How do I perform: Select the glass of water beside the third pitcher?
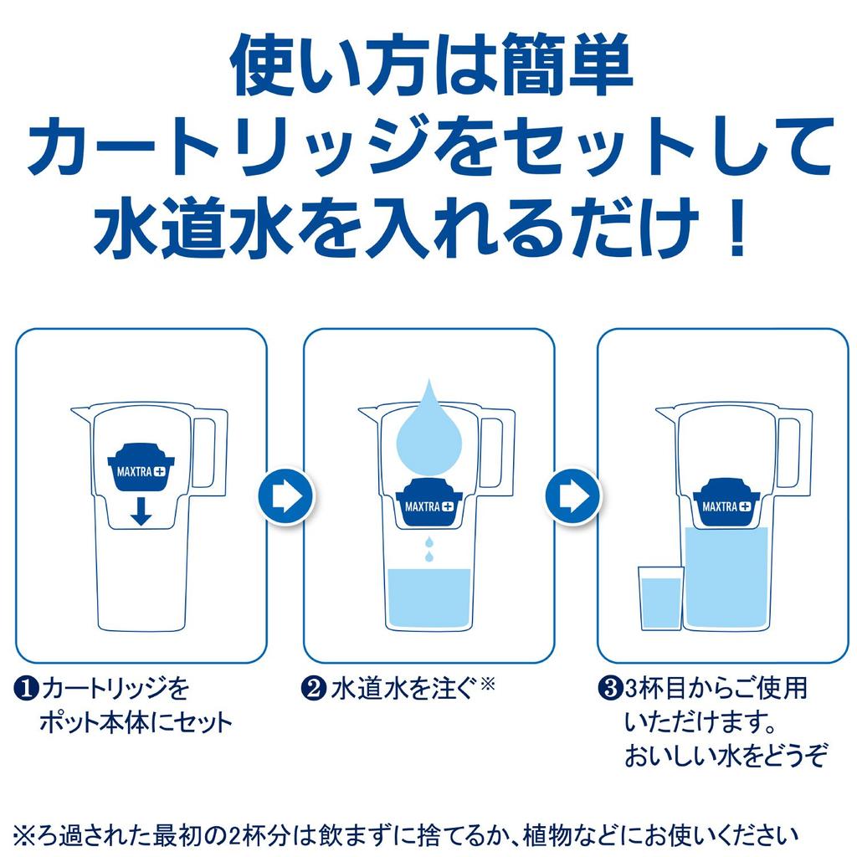[x=660, y=598]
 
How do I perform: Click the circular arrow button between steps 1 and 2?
[x=285, y=495]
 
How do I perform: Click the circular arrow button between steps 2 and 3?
[x=572, y=495]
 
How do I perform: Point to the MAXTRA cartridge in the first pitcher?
[x=141, y=468]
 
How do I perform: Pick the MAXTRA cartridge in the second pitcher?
[x=428, y=503]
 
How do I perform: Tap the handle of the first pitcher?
[x=210, y=452]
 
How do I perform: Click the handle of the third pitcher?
[x=794, y=452]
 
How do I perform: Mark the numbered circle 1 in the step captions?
[x=26, y=690]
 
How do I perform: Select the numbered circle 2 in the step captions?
[x=312, y=690]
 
